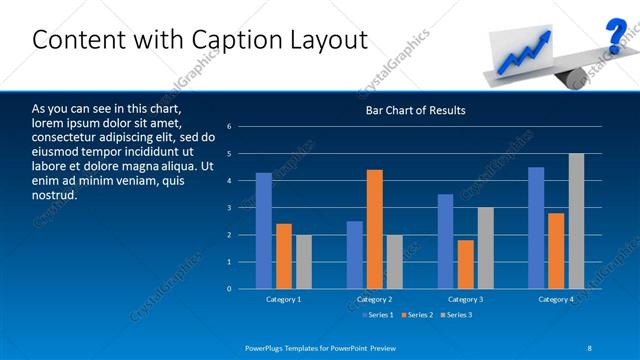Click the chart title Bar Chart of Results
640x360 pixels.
click(x=414, y=110)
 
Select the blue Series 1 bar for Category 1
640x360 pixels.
click(x=263, y=230)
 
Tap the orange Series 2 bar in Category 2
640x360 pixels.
click(x=374, y=229)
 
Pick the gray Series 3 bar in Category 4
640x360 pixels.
click(x=576, y=221)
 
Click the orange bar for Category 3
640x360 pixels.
click(x=465, y=264)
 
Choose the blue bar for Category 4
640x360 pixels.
click(x=536, y=228)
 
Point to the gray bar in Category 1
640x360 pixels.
click(x=303, y=262)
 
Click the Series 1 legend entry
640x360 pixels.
click(x=377, y=315)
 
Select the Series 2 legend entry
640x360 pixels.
click(x=418, y=315)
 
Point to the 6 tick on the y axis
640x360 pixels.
click(x=230, y=127)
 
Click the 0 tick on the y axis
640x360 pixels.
click(x=230, y=289)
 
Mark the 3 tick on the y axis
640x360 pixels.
click(x=230, y=208)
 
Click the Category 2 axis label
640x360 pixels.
click(x=374, y=299)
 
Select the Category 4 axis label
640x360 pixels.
click(x=556, y=299)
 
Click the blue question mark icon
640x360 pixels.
click(x=616, y=36)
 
